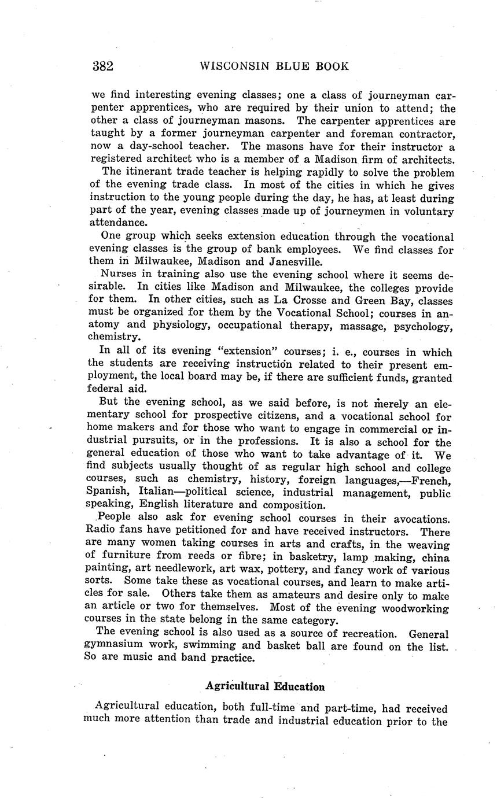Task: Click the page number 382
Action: coord(102,66)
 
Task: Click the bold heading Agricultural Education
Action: coord(265,686)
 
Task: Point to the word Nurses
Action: coord(116,275)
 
